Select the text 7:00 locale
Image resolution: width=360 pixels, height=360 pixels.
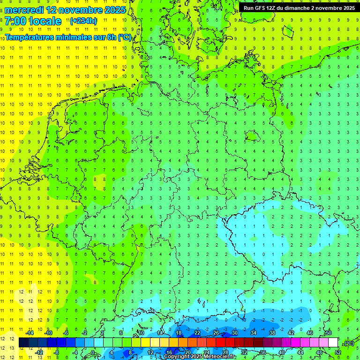33,21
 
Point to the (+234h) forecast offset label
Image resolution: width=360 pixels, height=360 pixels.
83,21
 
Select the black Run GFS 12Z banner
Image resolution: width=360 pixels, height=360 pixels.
299,7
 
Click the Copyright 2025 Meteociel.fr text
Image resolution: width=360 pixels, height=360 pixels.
200,357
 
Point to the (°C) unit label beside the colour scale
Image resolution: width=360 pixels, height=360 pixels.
348,344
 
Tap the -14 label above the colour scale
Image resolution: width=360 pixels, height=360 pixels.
29,333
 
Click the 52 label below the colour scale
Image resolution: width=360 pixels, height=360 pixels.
338,352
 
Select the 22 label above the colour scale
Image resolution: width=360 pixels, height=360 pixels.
197,333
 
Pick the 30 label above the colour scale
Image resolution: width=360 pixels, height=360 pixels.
235,333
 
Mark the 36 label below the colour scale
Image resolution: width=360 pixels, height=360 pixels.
263,352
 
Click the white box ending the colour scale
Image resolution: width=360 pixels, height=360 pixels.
333,343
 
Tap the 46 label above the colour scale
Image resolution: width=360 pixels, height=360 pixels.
310,333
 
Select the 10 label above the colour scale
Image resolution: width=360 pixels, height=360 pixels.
141,333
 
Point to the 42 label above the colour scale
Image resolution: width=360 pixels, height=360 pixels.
291,333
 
